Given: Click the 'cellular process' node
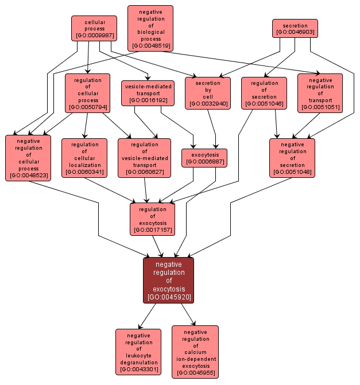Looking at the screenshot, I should click(x=94, y=28).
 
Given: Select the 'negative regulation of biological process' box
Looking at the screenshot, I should click(x=150, y=28).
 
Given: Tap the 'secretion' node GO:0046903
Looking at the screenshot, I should click(x=295, y=28).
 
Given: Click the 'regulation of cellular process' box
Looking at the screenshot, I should click(x=87, y=92).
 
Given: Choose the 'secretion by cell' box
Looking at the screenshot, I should click(x=207, y=93).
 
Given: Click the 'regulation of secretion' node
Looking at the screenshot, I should click(x=264, y=92).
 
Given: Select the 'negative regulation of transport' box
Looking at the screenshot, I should click(x=320, y=93).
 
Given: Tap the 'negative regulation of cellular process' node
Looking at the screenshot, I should click(x=28, y=157).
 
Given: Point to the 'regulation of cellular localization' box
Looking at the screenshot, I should click(x=84, y=157).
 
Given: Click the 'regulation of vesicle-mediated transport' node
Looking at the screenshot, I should click(x=144, y=158).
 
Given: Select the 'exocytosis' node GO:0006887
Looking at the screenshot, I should click(x=204, y=158).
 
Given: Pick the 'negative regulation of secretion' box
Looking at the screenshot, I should click(x=292, y=158).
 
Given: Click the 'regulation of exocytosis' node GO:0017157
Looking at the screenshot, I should click(x=152, y=219).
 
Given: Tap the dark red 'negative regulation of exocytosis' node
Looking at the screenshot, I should click(x=168, y=280).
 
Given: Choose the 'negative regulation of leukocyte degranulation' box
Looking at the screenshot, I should click(x=138, y=352).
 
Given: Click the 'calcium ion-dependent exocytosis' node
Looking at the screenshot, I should click(x=195, y=352).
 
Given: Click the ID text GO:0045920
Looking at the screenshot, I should click(x=168, y=297).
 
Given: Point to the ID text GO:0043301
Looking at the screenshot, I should click(x=138, y=370).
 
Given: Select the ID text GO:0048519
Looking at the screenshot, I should click(x=150, y=45).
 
